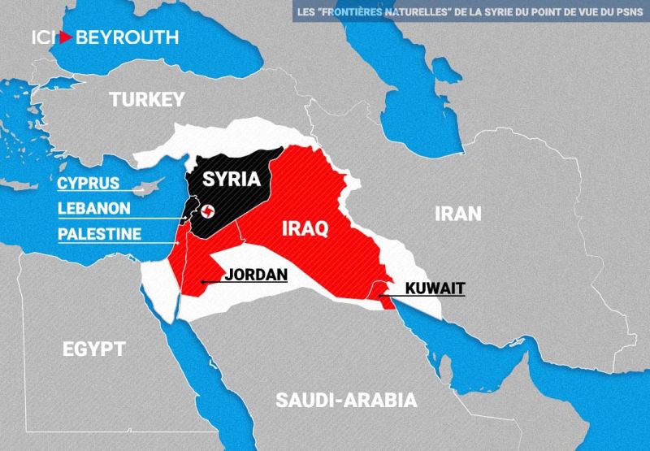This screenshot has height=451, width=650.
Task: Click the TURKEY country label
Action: tap(148, 100)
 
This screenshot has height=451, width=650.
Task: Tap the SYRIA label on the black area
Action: tap(232, 179)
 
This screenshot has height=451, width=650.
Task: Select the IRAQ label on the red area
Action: tap(304, 228)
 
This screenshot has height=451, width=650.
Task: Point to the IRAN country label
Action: tap(458, 214)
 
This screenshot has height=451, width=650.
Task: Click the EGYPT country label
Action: tap(94, 349)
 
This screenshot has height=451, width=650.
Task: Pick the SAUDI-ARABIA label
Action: tap(346, 400)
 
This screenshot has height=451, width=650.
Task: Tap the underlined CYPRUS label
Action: tap(88, 183)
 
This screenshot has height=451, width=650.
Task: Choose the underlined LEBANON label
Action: tap(93, 208)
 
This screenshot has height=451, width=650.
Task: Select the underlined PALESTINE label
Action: tap(99, 234)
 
